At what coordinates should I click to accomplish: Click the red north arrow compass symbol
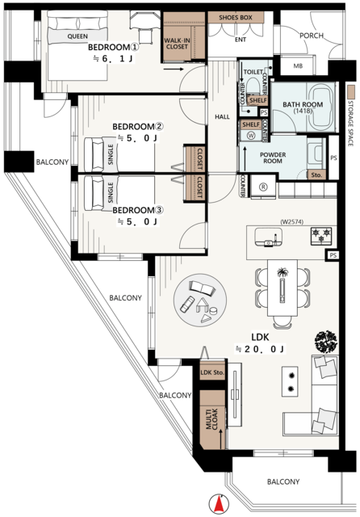click(218, 504)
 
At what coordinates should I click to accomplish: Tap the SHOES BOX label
click(235, 18)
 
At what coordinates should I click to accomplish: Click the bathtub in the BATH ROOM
click(320, 107)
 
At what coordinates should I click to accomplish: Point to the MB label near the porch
click(298, 66)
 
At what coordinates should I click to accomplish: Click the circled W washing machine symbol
click(252, 136)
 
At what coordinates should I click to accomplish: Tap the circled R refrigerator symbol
click(263, 187)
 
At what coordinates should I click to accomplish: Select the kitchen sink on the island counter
click(269, 237)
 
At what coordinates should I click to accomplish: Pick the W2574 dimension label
click(292, 222)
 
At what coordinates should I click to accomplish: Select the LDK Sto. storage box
click(212, 372)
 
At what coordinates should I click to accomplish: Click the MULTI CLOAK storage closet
click(213, 420)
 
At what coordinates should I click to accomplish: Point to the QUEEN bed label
click(77, 36)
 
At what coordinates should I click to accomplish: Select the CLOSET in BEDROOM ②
click(195, 158)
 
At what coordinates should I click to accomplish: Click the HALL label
click(222, 116)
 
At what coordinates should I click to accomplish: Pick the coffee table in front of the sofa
click(290, 381)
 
